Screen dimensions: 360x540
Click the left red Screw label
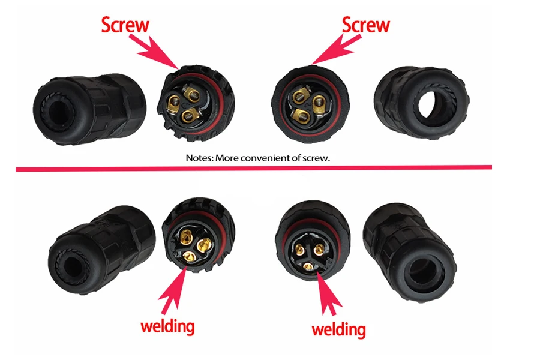point(125,25)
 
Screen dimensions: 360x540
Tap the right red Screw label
point(365,25)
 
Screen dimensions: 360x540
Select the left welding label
point(167,326)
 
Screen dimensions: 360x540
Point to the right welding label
point(338,329)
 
